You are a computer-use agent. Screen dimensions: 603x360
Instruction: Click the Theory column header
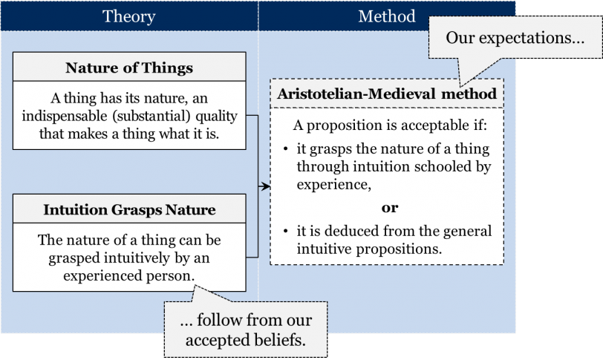[128, 16]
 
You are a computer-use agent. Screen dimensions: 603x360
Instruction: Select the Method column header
[387, 16]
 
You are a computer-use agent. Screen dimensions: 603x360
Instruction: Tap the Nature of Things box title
[129, 68]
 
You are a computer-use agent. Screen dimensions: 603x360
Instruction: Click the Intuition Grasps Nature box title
[129, 210]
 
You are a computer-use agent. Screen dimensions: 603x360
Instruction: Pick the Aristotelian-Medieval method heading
[387, 94]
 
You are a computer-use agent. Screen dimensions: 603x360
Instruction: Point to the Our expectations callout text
[515, 38]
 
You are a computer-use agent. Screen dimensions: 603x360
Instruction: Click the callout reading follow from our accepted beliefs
[246, 330]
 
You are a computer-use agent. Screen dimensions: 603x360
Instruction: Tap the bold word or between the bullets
[390, 208]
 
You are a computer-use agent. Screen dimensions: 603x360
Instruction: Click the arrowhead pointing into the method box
[266, 186]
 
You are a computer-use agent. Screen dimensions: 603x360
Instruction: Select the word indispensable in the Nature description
[65, 116]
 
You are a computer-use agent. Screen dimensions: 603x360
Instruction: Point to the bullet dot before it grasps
[285, 148]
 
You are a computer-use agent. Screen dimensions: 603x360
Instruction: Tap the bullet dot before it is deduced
[285, 231]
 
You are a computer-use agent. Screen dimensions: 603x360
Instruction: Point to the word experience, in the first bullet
[334, 185]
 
